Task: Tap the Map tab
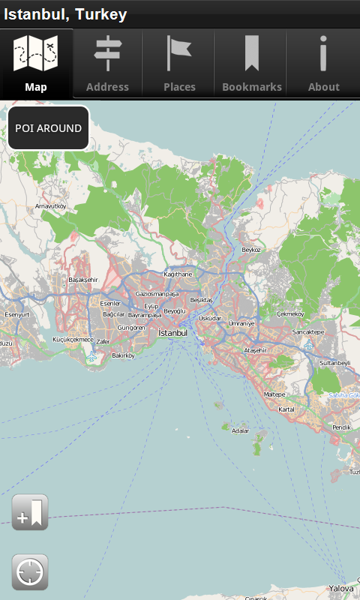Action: pos(36,64)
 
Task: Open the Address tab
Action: pos(107,64)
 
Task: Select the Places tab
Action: pos(179,64)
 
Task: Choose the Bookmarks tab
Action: pos(252,64)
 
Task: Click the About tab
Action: pos(324,64)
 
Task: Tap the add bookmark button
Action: pos(30,513)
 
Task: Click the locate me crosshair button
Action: pos(30,572)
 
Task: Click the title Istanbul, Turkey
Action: pos(65,14)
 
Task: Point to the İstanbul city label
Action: pos(172,332)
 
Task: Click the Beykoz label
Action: pos(250,250)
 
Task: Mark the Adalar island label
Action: pos(240,431)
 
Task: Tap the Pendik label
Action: pos(341,427)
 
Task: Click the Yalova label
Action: pos(340,589)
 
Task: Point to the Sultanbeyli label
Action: pos(335,363)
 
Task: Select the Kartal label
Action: pos(286,409)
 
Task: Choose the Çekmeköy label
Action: pos(290,313)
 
